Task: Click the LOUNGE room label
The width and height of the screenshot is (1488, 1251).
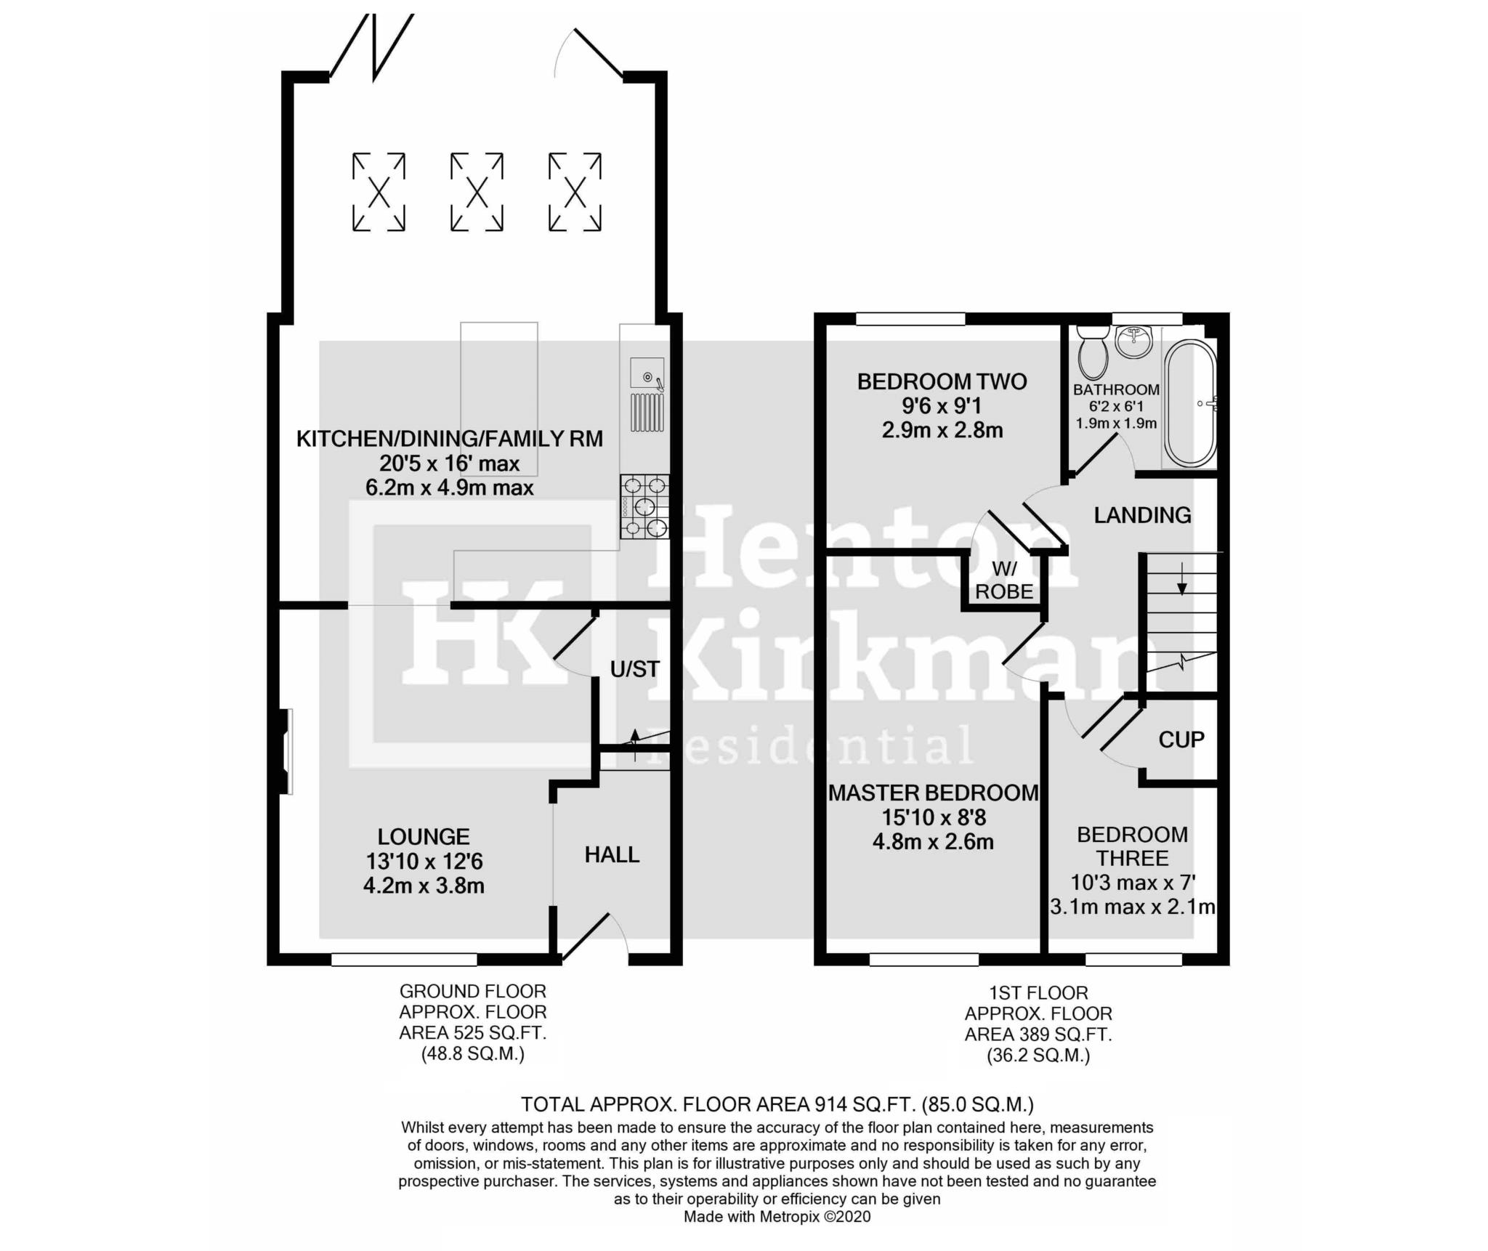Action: coord(424,836)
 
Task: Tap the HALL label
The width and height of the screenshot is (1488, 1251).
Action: coord(612,854)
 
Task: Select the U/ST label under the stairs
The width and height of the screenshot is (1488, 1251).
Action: coord(635,669)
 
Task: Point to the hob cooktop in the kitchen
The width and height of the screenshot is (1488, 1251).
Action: coord(645,507)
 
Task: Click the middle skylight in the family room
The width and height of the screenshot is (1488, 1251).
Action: coord(477,192)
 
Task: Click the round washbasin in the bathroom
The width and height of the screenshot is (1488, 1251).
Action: coord(1134,341)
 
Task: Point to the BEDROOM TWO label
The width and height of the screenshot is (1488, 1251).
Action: coord(942,381)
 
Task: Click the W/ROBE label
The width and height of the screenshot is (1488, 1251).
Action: coord(1004,579)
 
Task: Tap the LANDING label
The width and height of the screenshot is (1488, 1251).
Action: coord(1143,515)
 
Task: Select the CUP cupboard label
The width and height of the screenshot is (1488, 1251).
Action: coord(1181,740)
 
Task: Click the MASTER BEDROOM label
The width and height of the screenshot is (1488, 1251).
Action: coord(934,793)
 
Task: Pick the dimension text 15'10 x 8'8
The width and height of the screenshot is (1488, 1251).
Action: coord(934,818)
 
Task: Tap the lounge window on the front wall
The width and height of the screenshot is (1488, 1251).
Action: coord(404,960)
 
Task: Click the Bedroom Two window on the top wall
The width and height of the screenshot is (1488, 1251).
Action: coord(910,319)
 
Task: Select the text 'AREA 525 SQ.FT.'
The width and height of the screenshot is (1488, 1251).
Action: coord(472,1032)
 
